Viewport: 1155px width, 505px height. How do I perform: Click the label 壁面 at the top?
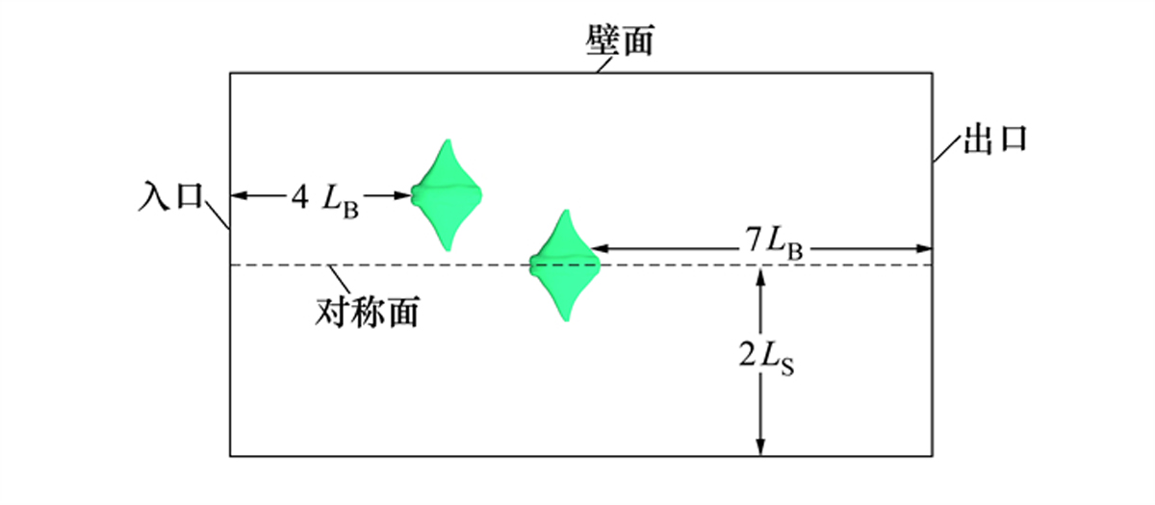pyautogui.click(x=620, y=39)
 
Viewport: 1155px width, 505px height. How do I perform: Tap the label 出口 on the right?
pyautogui.click(x=995, y=139)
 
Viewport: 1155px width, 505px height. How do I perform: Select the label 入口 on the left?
pyautogui.click(x=171, y=196)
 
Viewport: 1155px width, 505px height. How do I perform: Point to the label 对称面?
pyautogui.click(x=367, y=312)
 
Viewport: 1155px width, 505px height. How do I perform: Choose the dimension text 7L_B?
pyautogui.click(x=774, y=243)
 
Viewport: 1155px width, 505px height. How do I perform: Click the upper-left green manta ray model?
pyautogui.click(x=447, y=194)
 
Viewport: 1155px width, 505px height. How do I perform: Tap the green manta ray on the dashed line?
pyautogui.click(x=566, y=265)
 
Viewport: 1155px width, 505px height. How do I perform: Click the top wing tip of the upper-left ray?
pyautogui.click(x=449, y=140)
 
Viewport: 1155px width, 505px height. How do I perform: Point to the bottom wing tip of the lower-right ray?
pyautogui.click(x=567, y=319)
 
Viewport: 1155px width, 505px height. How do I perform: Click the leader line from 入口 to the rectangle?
pyautogui.click(x=218, y=215)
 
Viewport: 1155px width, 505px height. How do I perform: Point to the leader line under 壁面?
pyautogui.click(x=604, y=65)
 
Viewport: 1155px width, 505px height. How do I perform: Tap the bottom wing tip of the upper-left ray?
pyautogui.click(x=448, y=249)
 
